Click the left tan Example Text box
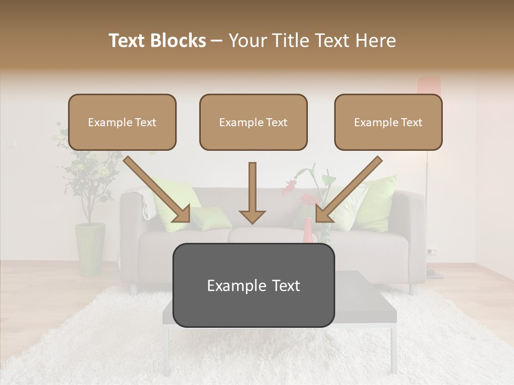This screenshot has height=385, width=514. click(x=122, y=122)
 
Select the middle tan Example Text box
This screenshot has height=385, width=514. click(x=253, y=122)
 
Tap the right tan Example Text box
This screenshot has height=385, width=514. click(x=388, y=122)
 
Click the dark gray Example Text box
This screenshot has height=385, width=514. click(x=253, y=286)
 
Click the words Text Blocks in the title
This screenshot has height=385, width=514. click(x=157, y=41)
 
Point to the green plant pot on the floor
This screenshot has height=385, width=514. click(x=90, y=249)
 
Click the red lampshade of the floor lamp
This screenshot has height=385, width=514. click(x=428, y=86)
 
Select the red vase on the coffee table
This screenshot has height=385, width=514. click(x=308, y=231)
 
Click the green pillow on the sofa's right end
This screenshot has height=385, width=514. click(x=377, y=203)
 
